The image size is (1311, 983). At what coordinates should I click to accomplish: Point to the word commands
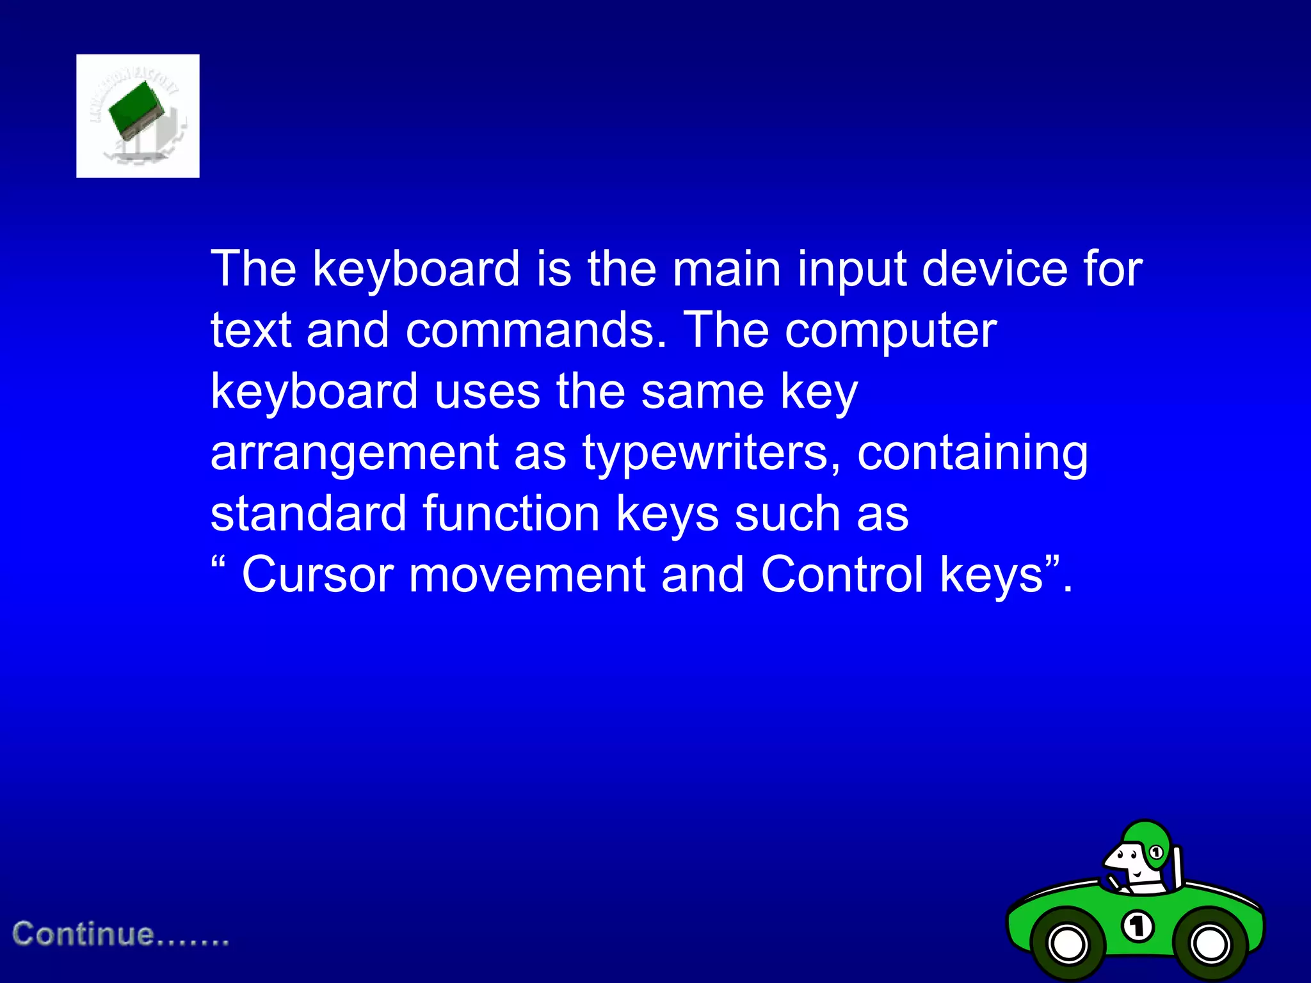pos(536,331)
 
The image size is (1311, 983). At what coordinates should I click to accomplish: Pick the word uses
pos(487,392)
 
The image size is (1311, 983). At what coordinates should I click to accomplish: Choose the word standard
pos(309,514)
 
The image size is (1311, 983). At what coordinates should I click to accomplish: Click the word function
pos(511,514)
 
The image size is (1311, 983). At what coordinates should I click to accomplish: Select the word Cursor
pos(318,575)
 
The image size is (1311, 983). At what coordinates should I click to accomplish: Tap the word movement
pos(527,575)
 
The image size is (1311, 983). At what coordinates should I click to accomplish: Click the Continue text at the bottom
pos(121,934)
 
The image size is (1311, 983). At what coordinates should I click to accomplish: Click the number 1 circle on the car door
pos(1138,926)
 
